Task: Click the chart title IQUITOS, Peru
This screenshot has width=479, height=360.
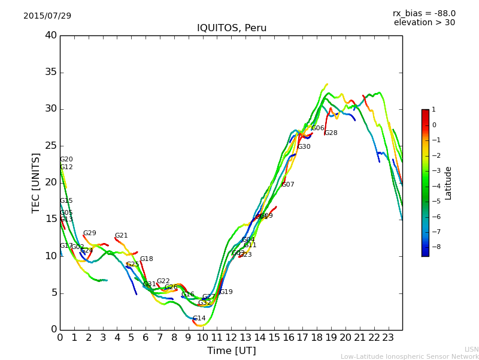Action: point(232,28)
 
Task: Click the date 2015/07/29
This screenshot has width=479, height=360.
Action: point(47,16)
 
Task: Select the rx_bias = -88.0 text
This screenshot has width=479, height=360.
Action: point(424,13)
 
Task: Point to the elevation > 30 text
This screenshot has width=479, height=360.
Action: point(424,23)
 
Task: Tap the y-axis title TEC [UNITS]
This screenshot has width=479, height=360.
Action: point(37,182)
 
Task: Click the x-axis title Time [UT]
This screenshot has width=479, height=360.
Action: point(231,350)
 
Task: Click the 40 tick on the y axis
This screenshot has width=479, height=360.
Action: point(51,35)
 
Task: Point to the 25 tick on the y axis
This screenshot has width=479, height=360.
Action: point(51,146)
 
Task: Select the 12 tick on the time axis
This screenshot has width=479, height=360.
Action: point(231,337)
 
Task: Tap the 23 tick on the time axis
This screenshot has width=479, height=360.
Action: point(388,337)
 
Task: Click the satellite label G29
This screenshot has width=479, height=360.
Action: point(89,233)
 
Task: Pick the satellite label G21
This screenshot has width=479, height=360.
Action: point(121,235)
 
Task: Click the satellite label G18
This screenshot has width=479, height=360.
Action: point(146,259)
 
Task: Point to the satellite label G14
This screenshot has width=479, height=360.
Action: point(199,318)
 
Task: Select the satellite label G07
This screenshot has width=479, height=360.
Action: point(287,184)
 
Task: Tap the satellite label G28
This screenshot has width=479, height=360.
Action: point(331,133)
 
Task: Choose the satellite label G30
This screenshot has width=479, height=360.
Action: point(304,146)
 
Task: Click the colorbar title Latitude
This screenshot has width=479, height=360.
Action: point(448,183)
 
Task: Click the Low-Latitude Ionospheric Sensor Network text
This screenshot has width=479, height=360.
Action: point(410,356)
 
